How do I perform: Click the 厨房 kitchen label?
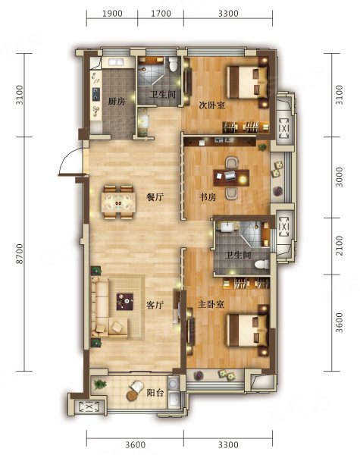117,102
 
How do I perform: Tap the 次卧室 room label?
211,105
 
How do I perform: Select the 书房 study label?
208,197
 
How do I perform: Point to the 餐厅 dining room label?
155,197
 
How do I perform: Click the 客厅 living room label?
155,305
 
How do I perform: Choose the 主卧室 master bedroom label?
211,305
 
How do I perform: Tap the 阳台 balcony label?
155,393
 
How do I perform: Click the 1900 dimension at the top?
112,14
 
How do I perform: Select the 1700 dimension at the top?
161,14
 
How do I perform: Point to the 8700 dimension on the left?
20,253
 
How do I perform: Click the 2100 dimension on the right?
339,246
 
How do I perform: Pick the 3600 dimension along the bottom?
136,444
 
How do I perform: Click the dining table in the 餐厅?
118,202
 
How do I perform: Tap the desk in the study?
231,177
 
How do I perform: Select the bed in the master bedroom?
247,330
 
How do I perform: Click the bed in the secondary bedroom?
247,83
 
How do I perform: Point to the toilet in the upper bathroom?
174,64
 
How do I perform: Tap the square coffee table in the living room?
125,302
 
